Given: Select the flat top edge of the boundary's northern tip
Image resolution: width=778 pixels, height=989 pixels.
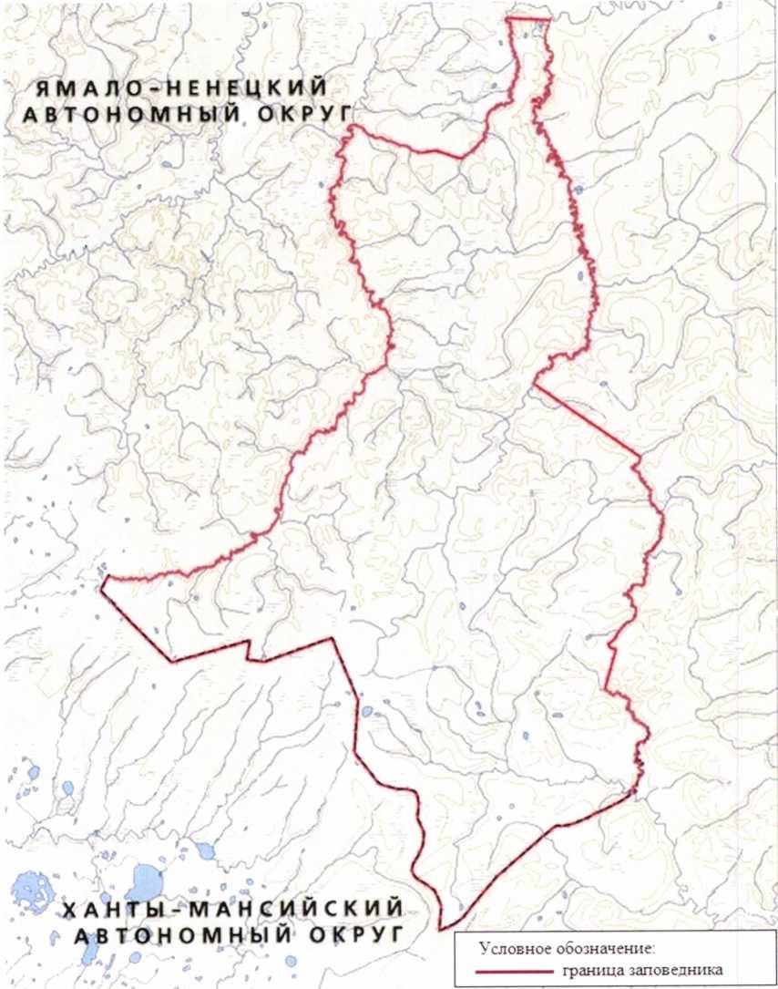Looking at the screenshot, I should tap(529, 17).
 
